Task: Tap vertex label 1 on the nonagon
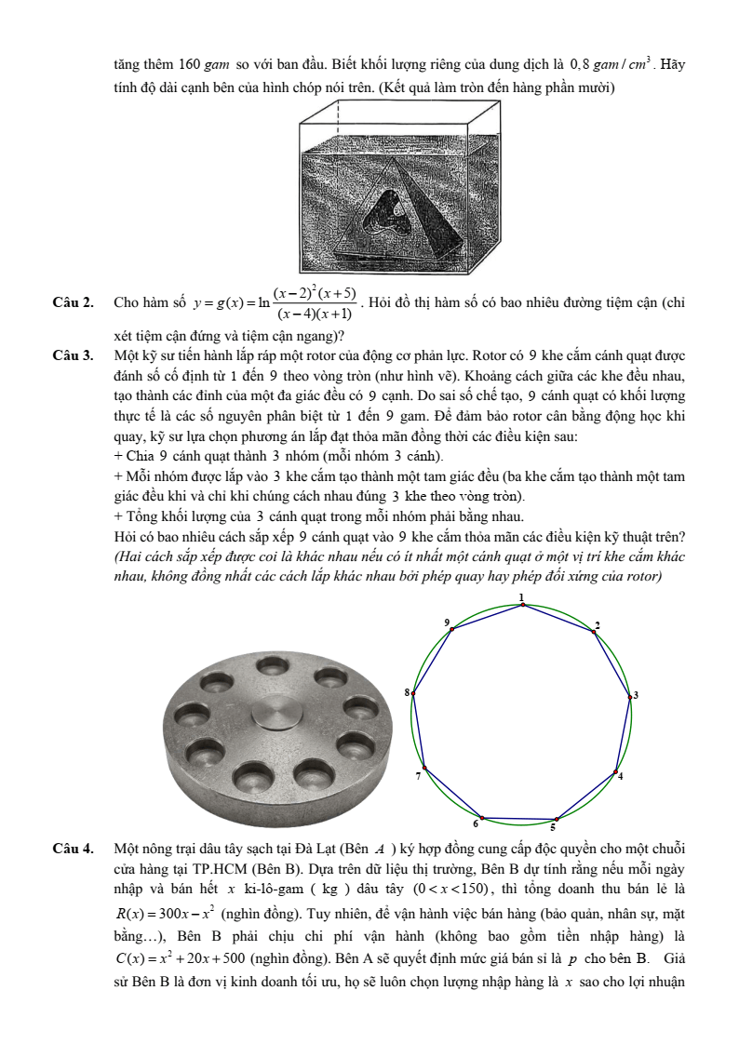[521, 596]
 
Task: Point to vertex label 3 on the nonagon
[636, 695]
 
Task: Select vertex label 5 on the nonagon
[553, 826]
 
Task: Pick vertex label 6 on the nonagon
[477, 823]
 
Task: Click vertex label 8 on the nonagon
[406, 692]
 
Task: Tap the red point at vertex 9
[452, 630]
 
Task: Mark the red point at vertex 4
[615, 771]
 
